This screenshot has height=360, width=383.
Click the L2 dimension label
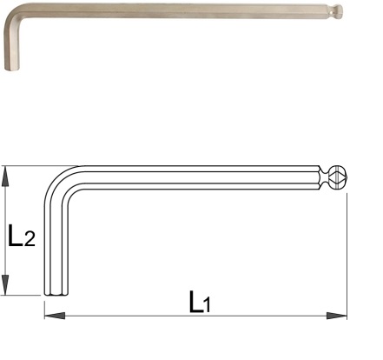(x=22, y=236)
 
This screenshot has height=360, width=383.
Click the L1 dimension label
(x=200, y=302)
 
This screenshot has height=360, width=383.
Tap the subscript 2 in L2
(x=30, y=239)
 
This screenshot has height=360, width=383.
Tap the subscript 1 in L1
(x=207, y=306)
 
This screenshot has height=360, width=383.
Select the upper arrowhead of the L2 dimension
(x=5, y=177)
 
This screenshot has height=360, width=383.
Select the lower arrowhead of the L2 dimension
(x=5, y=285)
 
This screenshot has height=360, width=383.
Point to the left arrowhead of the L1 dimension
(x=55, y=316)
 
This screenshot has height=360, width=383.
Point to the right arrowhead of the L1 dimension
(x=337, y=316)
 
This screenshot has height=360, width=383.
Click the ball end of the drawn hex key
(x=338, y=177)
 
